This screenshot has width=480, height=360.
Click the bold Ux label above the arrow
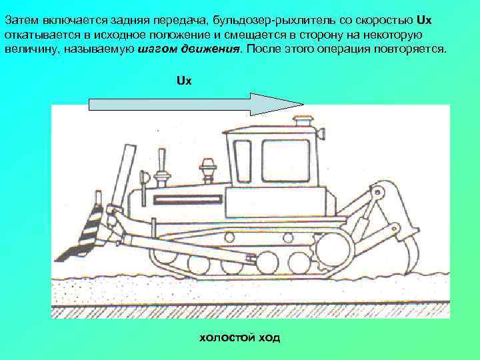point(184,81)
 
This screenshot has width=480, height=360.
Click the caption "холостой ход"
point(240,338)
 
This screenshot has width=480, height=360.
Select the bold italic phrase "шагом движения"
point(189,49)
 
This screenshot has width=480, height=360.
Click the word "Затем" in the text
point(22,21)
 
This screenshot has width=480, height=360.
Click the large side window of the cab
point(286,161)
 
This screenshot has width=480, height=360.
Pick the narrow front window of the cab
point(242,161)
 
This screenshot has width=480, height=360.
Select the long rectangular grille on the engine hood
point(187,199)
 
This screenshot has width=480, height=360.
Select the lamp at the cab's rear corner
point(321,133)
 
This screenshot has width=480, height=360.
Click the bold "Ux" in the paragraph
point(424,21)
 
